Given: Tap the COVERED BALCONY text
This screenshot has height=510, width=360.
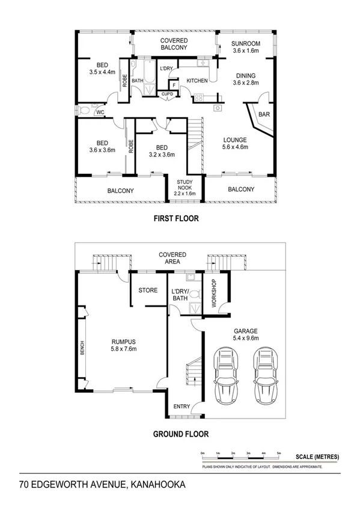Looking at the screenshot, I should pyautogui.click(x=174, y=44).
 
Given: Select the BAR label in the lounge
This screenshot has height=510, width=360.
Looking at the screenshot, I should pyautogui.click(x=263, y=114).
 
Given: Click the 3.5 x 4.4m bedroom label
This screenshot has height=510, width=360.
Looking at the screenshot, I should pyautogui.click(x=102, y=69).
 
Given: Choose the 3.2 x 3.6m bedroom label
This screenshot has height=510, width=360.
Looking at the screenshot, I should pyautogui.click(x=161, y=150).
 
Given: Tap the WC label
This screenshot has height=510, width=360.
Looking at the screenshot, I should pyautogui.click(x=100, y=112).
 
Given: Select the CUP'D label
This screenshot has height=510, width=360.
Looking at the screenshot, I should pyautogui.click(x=167, y=94).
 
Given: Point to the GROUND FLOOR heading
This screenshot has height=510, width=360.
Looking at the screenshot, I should pyautogui.click(x=180, y=433).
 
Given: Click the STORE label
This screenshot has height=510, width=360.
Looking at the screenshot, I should pyautogui.click(x=148, y=290).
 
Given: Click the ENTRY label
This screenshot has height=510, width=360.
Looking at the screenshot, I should pyautogui.click(x=182, y=407).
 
